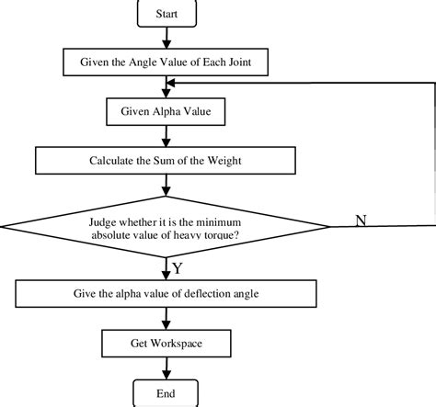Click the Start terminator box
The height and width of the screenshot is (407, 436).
point(166,14)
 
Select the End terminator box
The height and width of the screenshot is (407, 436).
point(166,393)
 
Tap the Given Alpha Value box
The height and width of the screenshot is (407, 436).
point(166,111)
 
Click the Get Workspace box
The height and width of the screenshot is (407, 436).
point(166,344)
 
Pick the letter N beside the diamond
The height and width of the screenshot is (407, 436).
point(361,220)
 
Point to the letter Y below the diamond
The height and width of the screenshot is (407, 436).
point(178,268)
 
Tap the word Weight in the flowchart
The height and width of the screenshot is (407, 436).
point(224,161)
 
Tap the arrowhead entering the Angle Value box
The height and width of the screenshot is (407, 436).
point(166,44)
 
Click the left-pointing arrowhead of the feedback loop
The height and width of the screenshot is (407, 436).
point(170,83)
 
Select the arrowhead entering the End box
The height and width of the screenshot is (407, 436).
point(166,375)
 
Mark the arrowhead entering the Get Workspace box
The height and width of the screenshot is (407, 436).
point(166,325)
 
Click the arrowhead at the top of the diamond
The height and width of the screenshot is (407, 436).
point(166,191)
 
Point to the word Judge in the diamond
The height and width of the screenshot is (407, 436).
point(102,222)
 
